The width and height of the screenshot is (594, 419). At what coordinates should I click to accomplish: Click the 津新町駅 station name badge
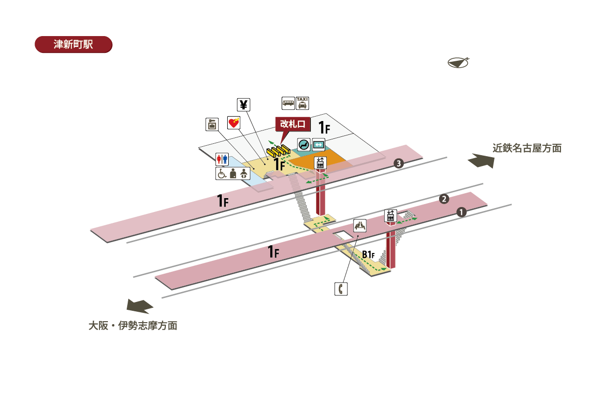pyautogui.click(x=73, y=44)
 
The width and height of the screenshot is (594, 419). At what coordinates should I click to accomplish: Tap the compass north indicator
pyautogui.click(x=458, y=63)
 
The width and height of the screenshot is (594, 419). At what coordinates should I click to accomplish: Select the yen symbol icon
pyautogui.click(x=244, y=105)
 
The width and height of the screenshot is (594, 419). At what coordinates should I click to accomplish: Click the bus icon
pyautogui.click(x=288, y=103)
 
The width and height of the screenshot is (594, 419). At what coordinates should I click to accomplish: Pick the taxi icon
pyautogui.click(x=302, y=103)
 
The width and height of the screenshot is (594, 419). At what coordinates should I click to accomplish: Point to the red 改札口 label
pyautogui.click(x=292, y=124)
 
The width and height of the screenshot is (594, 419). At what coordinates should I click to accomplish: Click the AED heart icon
pyautogui.click(x=233, y=123)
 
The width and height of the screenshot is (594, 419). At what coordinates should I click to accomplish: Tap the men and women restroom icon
pyautogui.click(x=222, y=159)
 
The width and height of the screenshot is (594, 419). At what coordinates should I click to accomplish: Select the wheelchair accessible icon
pyautogui.click(x=222, y=173)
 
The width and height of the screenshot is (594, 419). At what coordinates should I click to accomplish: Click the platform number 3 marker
pyautogui.click(x=397, y=163)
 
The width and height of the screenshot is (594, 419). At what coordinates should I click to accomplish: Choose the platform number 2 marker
pyautogui.click(x=444, y=199)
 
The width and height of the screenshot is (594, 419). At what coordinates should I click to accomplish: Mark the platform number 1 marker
pyautogui.click(x=461, y=212)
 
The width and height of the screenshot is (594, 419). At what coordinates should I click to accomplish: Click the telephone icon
pyautogui.click(x=341, y=289)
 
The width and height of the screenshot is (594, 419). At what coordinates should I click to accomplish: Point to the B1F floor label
pyautogui.click(x=369, y=254)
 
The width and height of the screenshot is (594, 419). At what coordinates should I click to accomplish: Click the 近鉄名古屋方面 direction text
pyautogui.click(x=527, y=148)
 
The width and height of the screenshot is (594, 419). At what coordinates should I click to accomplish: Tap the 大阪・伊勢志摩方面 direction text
pyautogui.click(x=133, y=326)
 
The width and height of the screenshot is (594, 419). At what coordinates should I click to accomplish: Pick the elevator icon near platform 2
pyautogui.click(x=391, y=215)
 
